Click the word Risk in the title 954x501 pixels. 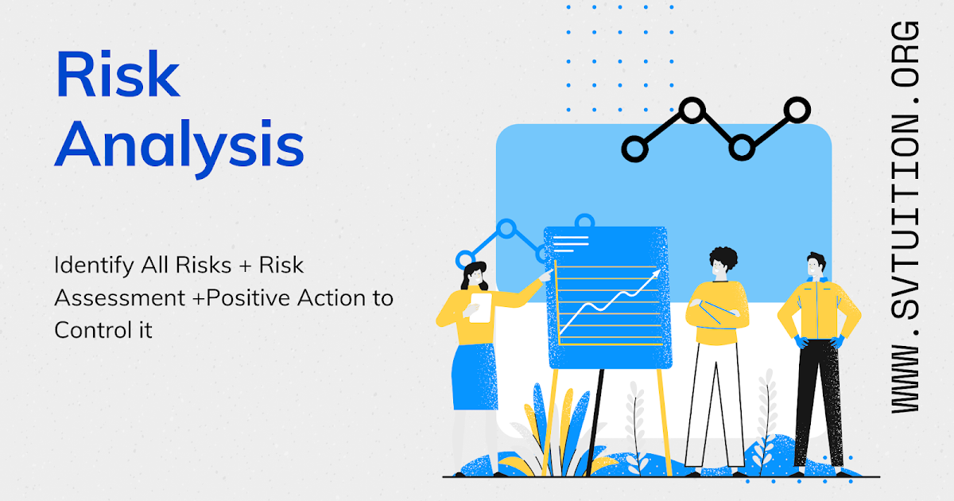[x=118, y=77]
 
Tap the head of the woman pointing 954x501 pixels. [x=475, y=277]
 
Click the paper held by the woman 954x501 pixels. [x=479, y=308]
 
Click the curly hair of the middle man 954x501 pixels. [x=723, y=259]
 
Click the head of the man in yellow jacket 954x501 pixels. [x=815, y=266]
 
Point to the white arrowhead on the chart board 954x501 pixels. [x=655, y=275]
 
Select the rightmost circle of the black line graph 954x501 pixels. [x=797, y=110]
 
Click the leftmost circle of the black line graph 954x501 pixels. [x=634, y=148]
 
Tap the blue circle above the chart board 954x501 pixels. [x=584, y=221]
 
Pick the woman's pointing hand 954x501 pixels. [x=547, y=275]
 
